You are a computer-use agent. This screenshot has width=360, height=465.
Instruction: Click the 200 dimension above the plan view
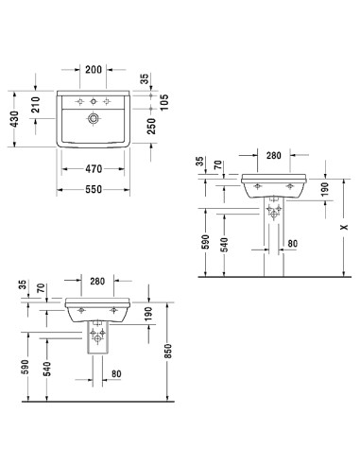[93, 71]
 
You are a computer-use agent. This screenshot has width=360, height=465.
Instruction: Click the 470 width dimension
[93, 169]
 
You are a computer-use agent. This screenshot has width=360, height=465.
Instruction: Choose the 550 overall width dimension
[93, 188]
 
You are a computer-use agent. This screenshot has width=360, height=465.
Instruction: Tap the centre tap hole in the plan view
[94, 101]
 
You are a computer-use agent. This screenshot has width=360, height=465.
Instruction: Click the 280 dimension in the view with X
[274, 154]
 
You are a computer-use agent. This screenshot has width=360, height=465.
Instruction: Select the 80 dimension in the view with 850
[114, 373]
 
